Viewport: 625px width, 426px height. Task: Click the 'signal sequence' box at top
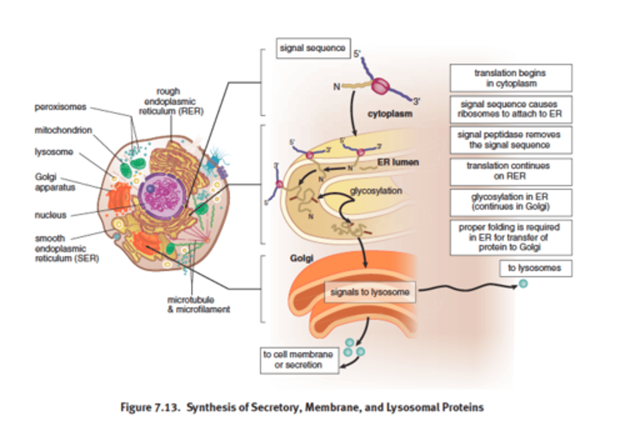(x=313, y=48)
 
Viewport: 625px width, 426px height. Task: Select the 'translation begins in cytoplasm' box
(x=510, y=78)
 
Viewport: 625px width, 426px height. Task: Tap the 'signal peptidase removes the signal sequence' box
(x=510, y=140)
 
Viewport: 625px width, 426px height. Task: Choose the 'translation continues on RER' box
(x=510, y=171)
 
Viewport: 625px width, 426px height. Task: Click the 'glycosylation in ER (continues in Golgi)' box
(x=510, y=202)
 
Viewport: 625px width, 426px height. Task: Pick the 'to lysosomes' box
(x=535, y=268)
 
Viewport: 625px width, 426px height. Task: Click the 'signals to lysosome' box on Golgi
(x=370, y=292)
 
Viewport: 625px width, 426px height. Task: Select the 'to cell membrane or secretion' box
(x=299, y=360)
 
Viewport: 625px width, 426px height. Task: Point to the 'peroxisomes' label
(x=60, y=107)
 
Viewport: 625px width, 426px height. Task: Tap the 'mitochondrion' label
(x=63, y=130)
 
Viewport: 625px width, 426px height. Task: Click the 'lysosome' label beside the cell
(x=54, y=152)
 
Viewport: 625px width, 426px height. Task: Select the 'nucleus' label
(x=51, y=215)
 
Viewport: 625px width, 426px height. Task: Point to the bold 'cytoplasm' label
(x=390, y=114)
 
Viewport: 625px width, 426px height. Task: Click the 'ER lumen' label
(x=398, y=162)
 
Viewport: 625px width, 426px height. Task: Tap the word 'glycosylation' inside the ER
(x=376, y=191)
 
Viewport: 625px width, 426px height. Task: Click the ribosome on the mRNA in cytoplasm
(x=380, y=86)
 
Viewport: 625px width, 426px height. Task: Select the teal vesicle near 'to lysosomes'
(x=523, y=284)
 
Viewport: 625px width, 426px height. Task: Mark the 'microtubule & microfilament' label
(x=199, y=305)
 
